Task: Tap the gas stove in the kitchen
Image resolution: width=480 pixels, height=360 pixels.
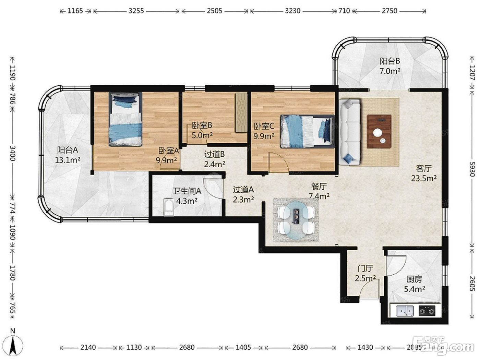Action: pos(427,311)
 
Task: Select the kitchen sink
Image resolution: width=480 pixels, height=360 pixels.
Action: pos(405,311)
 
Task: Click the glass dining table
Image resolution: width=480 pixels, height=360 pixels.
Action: pos(296,220)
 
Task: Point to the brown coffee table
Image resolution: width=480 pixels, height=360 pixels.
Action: pos(379,132)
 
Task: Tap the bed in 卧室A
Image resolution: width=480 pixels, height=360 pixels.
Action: pos(125,119)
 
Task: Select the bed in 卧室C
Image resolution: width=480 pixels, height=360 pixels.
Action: pos(308,131)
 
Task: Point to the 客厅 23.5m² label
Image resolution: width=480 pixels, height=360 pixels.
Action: pos(424,173)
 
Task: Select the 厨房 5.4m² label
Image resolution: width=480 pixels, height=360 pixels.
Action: pos(415,284)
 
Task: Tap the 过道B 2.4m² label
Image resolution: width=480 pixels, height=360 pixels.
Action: pos(215,159)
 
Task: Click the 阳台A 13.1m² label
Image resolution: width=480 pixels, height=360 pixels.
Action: pos(68,155)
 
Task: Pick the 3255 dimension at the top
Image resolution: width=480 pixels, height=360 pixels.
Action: pos(136,11)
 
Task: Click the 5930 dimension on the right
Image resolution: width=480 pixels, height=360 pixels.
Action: pos(472,169)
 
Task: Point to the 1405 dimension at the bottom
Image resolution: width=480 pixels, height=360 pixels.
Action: pos(243,347)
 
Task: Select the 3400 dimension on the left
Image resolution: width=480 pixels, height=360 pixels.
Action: pos(13,154)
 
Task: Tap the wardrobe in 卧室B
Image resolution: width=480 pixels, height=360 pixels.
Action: pos(241,113)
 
